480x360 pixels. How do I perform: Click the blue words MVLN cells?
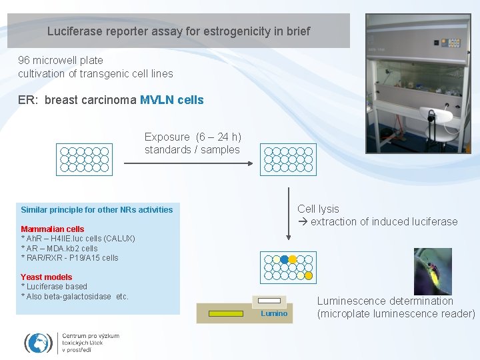[171, 100]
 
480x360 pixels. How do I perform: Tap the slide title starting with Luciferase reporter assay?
[178, 31]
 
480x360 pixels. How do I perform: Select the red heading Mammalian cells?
[53, 229]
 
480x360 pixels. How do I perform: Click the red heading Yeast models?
[47, 277]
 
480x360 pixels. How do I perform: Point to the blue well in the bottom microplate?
[284, 259]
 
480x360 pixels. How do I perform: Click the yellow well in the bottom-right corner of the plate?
[309, 275]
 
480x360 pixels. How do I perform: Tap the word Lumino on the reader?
[274, 313]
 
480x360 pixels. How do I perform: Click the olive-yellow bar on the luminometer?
[226, 313]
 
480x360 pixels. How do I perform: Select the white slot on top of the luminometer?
[269, 301]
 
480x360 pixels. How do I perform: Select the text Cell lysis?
[318, 209]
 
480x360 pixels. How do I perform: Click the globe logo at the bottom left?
[38, 342]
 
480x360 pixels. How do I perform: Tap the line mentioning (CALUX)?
[78, 239]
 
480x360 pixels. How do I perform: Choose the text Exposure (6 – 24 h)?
[193, 137]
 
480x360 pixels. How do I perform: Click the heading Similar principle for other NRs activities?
[97, 209]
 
